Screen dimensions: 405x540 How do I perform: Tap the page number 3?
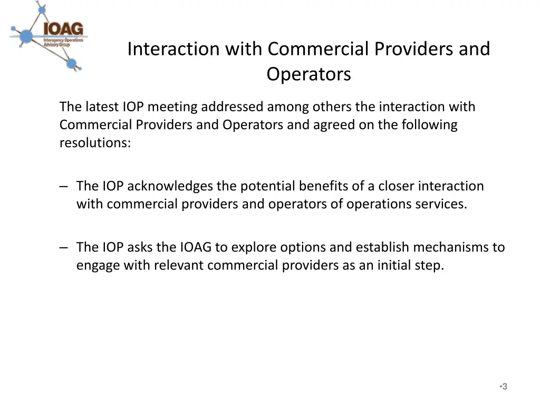click(505, 387)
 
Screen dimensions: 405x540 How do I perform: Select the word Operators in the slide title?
click(308, 74)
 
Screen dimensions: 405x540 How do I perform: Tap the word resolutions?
click(94, 143)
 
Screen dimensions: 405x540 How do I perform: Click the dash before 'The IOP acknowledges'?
click(64, 186)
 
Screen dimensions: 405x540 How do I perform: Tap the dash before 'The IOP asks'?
click(64, 247)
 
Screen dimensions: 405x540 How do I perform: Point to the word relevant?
click(179, 265)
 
